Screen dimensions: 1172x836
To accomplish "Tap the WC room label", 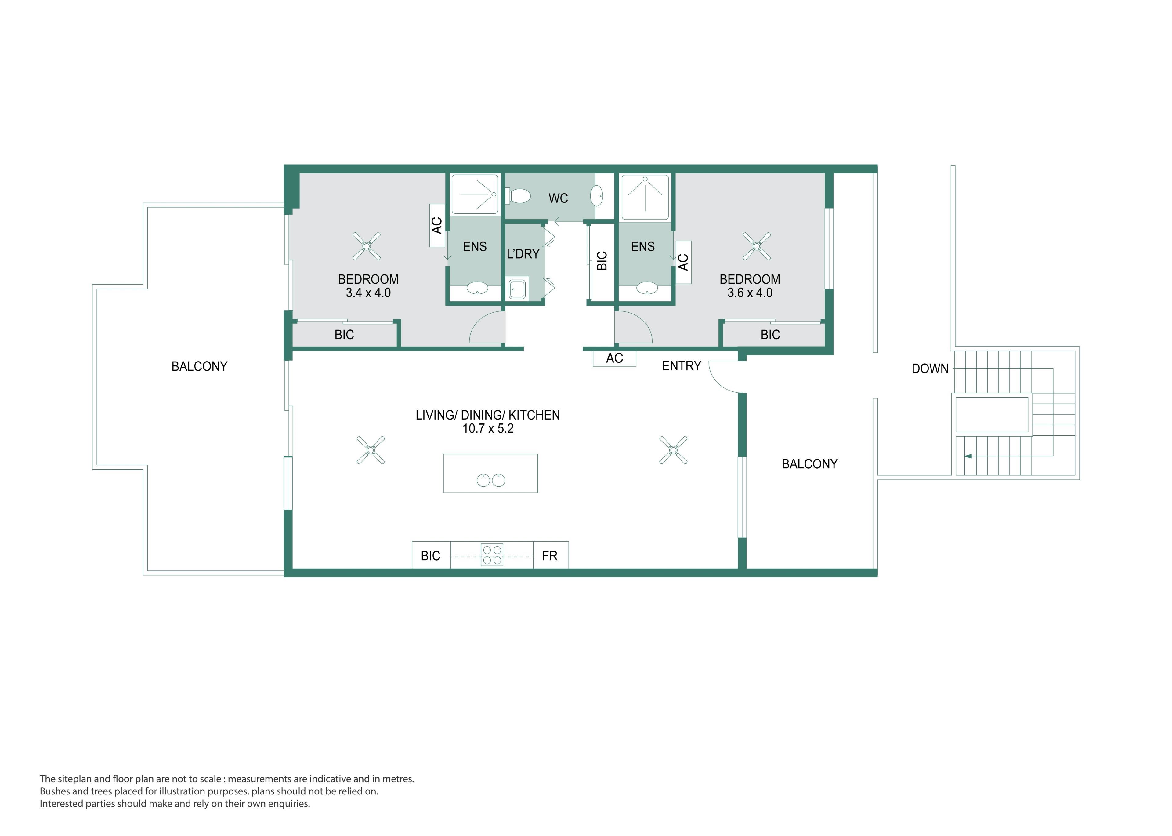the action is coord(558,198).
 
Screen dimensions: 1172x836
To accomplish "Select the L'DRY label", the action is coord(523,254).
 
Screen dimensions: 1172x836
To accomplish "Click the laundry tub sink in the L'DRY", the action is coord(518,289).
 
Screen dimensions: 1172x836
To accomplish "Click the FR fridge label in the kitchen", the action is coord(549,556).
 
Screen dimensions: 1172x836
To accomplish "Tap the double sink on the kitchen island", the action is coord(491,480).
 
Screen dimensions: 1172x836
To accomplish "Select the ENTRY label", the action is coord(681,366).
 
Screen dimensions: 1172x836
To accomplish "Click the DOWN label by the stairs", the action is coord(930,369).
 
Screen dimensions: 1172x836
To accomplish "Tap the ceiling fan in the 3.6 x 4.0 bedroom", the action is coord(757,247).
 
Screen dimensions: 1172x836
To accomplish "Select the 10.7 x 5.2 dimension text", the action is coord(488,429).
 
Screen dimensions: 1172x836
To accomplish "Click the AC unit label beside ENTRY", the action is coord(614,358).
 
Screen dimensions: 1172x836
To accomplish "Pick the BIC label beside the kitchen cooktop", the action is coord(431,556).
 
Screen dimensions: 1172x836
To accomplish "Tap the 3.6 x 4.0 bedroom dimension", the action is coord(750,293).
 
